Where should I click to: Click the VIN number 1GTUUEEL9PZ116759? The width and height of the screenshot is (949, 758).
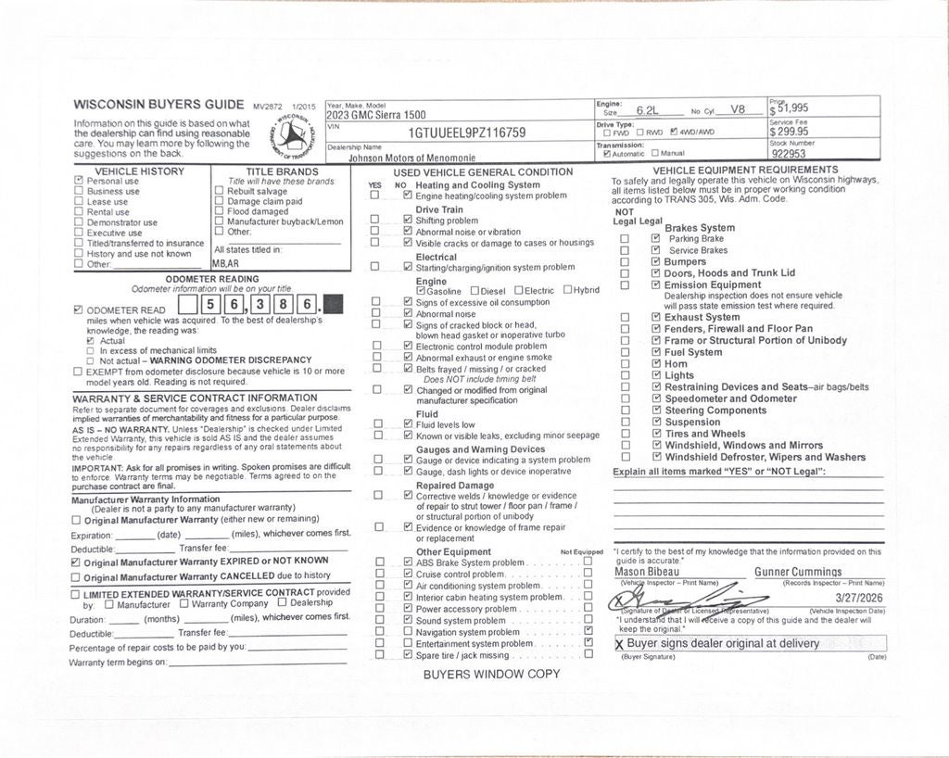tap(467, 133)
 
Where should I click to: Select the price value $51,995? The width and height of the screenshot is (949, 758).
tap(791, 108)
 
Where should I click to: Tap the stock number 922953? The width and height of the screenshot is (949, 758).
tap(789, 155)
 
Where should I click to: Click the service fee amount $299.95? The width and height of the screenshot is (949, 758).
tap(789, 132)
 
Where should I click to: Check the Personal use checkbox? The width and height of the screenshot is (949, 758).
tap(79, 182)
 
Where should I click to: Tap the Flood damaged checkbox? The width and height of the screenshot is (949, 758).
tap(219, 211)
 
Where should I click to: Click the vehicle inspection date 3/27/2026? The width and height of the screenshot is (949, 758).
tap(860, 600)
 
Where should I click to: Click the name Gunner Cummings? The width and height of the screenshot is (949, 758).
tap(798, 572)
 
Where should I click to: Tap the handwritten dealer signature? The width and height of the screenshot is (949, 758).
tap(676, 597)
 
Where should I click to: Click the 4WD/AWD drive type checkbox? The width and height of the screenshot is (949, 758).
tap(674, 133)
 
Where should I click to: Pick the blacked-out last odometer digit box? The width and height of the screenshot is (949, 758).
tap(334, 304)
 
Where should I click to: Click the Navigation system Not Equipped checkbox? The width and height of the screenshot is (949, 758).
tap(588, 632)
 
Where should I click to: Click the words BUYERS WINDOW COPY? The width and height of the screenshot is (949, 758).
tap(491, 674)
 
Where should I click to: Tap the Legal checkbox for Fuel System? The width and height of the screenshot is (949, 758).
tap(655, 352)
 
